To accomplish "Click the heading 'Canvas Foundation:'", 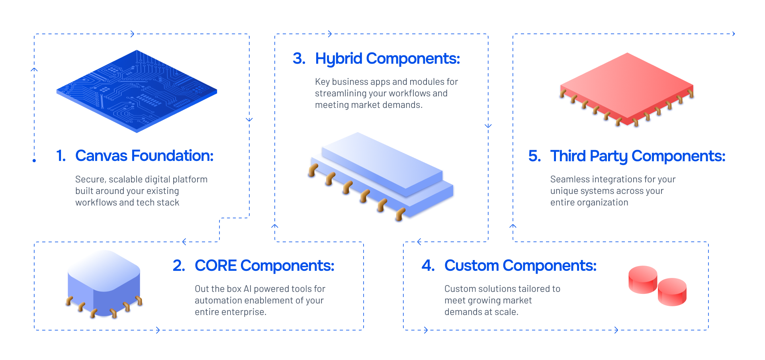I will coord(144,156).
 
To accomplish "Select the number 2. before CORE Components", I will coord(179,266).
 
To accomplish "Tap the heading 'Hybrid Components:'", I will coord(387,59).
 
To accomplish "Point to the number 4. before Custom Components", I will coord(428,266).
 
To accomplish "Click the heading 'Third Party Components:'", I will coord(638,156).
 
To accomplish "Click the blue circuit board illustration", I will coord(137,91).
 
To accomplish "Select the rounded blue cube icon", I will coord(104,284).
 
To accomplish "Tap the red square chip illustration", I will coord(627,90).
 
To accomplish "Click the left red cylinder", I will coord(642,280).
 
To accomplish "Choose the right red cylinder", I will coord(672,292).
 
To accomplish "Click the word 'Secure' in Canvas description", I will coord(90,180).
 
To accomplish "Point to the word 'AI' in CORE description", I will coord(247,289).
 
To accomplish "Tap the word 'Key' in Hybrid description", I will coord(322,82).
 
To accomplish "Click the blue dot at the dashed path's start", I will coord(34,161).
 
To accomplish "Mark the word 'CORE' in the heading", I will coord(215,266).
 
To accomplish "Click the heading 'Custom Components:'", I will coord(520,266).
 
